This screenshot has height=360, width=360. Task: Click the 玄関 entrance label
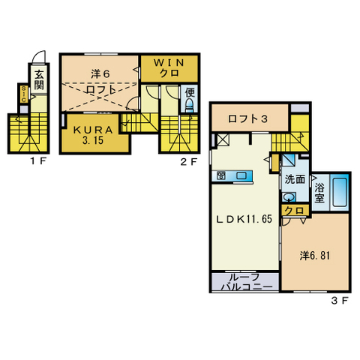coord(39,80)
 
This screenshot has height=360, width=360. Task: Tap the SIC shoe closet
coord(24,94)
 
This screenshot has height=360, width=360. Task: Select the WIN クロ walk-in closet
coord(169,68)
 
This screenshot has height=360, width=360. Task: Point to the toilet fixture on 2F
coord(189,105)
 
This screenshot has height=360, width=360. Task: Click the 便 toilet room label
coord(190,93)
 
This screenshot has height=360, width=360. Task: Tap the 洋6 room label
coord(100,74)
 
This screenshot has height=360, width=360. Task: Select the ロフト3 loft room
coord(250,118)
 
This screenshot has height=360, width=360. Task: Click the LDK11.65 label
coord(244,219)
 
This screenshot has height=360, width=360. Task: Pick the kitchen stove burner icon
coord(221,175)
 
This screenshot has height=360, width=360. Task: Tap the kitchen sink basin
coord(241,175)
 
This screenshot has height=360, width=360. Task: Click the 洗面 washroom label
coord(295,179)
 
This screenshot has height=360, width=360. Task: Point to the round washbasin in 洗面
coord(289,197)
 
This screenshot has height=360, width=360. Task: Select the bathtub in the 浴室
coord(339,192)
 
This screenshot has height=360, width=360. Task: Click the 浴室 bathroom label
coord(319,193)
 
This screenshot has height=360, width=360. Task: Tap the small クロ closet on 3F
coord(295,211)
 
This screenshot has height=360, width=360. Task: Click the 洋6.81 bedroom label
coord(315,256)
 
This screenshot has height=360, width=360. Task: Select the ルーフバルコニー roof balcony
coord(245,282)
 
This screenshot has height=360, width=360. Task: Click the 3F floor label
coord(340,301)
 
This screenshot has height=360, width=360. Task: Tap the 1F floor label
coord(38,161)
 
